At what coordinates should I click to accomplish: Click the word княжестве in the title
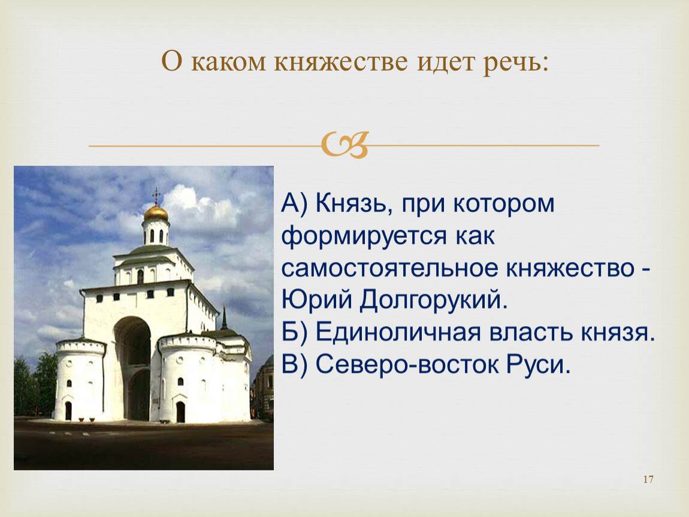341,62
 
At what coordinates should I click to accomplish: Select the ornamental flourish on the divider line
344,145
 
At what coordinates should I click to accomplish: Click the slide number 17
648,479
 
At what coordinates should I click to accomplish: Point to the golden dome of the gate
156,214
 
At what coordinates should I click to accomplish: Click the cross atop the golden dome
156,196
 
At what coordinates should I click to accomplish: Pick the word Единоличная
398,332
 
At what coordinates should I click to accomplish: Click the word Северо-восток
407,364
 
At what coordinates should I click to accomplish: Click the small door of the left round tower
68,411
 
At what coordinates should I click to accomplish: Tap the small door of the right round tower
180,412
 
